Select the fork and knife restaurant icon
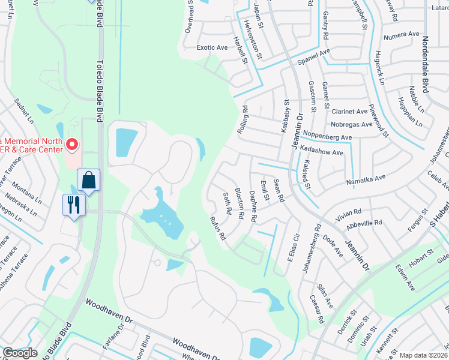[74, 205]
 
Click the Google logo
[20, 353]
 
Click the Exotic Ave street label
[212, 47]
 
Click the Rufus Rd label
[217, 229]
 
